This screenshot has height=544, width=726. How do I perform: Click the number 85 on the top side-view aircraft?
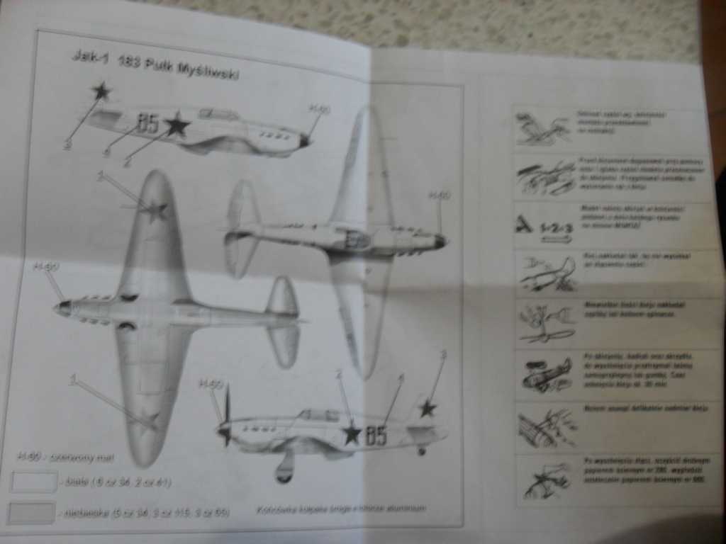click(147, 124)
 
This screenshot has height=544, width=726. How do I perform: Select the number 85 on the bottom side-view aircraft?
click(376, 436)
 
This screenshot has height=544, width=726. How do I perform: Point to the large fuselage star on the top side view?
click(177, 126)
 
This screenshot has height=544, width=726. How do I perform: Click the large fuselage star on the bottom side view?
click(352, 433)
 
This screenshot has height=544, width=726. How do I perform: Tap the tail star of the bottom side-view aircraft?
click(427, 408)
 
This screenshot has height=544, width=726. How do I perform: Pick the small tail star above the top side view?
click(101, 91)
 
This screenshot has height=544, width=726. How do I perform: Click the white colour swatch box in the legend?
click(33, 482)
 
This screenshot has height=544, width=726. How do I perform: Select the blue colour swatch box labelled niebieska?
click(31, 512)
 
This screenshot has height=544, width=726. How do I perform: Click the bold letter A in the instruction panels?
click(524, 225)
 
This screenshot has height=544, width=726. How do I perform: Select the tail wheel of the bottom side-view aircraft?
click(421, 451)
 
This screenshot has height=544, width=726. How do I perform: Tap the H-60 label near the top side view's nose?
click(319, 109)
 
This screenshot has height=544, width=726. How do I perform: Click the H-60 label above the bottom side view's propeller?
click(211, 383)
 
